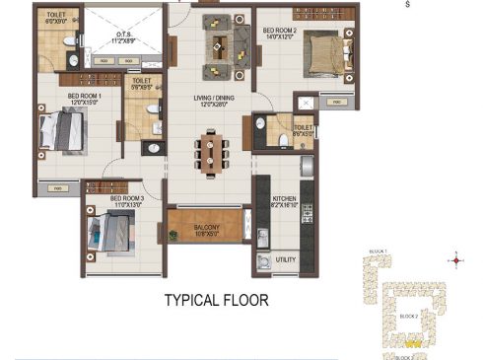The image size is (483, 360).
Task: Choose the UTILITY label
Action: coord(286,259)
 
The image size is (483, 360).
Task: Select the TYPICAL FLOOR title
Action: coord(216,298)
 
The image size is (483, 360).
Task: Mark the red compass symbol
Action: coord(455,261)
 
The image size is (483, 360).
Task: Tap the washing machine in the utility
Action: coord(263,261)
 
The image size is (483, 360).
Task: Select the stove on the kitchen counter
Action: coord(306,210)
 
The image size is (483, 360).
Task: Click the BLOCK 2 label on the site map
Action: coord(409,316)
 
